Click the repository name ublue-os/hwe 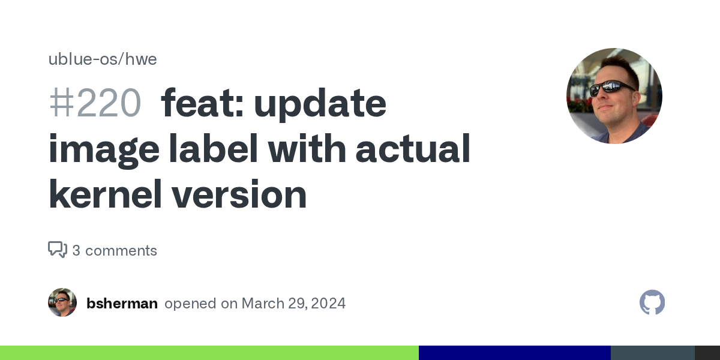103,59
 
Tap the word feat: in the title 202,103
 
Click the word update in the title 320,104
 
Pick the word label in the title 214,148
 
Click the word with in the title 307,148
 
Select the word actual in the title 413,148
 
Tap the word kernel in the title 105,194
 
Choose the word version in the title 239,194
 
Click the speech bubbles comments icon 58,250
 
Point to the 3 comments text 115,251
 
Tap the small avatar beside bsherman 62,302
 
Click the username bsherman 122,304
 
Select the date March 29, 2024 293,304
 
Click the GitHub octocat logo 652,302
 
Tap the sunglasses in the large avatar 611,88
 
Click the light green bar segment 209,353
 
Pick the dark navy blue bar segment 515,353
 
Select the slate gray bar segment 653,353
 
